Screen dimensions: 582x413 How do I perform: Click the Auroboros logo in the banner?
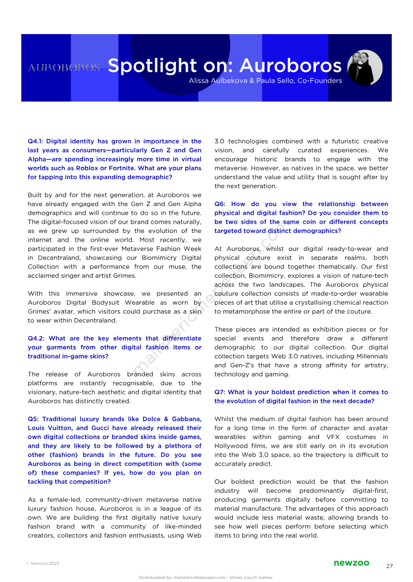63,68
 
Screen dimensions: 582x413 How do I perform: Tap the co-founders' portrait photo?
365,68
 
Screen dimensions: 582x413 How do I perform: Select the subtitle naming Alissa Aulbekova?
265,81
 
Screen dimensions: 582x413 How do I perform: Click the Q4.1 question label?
37,141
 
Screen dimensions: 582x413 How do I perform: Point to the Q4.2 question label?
37,338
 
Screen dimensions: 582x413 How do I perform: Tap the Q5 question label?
34,419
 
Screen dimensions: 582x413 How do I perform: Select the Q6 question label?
220,204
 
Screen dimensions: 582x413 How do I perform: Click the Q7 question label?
220,392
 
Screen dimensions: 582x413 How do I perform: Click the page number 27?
389,566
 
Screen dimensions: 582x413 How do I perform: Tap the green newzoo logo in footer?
351,563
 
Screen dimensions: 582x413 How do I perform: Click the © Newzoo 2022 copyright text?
42,563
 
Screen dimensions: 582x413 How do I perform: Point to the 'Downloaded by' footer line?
205,577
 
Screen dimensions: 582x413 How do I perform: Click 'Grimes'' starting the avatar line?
41,311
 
